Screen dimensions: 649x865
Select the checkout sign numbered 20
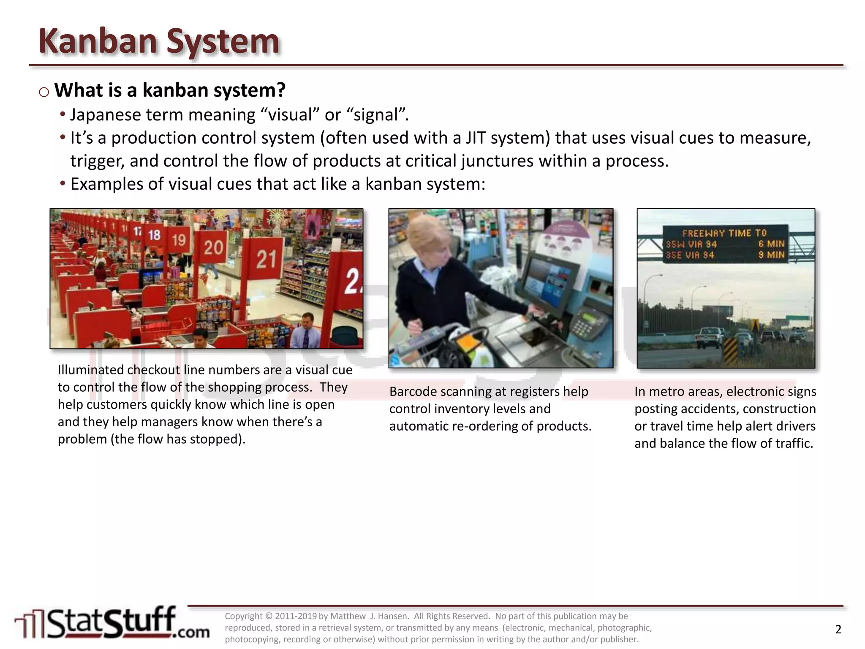pyautogui.click(x=213, y=247)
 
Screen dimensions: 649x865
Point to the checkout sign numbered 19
pyautogui.click(x=179, y=240)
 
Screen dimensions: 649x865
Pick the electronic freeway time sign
pyautogui.click(x=725, y=244)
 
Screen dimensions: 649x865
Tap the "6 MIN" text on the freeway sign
pyautogui.click(x=771, y=244)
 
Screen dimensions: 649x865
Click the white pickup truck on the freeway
pyautogui.click(x=708, y=336)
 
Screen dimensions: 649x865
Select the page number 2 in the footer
pyautogui.click(x=838, y=629)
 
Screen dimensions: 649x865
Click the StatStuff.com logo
pyautogui.click(x=112, y=623)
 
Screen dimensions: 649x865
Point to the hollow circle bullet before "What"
pyautogui.click(x=44, y=92)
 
